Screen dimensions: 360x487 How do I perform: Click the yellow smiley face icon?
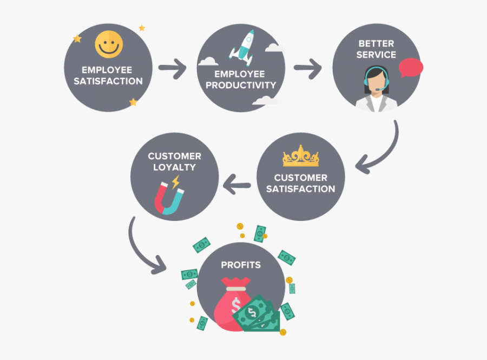point(108,44)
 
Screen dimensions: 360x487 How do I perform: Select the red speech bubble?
point(411,67)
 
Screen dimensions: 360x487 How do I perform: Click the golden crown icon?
point(300,158)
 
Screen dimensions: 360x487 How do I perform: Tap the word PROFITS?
point(240,265)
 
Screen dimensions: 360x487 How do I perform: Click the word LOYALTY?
point(174,167)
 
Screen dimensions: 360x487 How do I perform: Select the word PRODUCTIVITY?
point(241,85)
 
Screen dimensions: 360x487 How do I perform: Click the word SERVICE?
point(376,55)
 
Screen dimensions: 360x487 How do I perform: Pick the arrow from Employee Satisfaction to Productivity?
point(172,69)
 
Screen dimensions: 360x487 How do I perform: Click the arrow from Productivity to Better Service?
point(307,69)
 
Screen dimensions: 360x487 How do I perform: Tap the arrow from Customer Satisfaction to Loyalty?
point(237,185)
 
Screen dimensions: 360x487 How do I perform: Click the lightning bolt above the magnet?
point(176,181)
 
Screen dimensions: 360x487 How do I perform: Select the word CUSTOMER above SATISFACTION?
point(300,178)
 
